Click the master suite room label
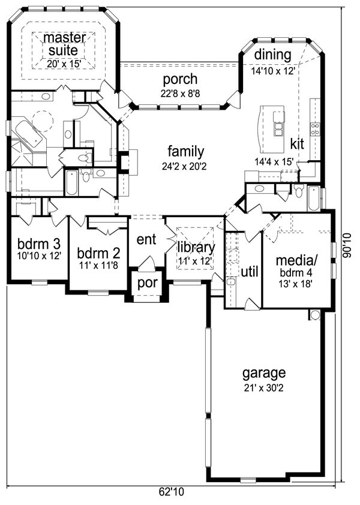(64, 44)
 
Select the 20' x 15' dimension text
(64, 64)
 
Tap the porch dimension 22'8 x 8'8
(181, 94)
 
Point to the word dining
(272, 55)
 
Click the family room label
(186, 151)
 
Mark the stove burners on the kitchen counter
(315, 129)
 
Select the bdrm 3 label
(38, 244)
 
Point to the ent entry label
(146, 239)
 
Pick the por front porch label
(147, 283)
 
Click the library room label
(196, 247)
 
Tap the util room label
(250, 272)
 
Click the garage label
(264, 373)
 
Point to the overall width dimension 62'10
(171, 492)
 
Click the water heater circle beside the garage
(315, 315)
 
